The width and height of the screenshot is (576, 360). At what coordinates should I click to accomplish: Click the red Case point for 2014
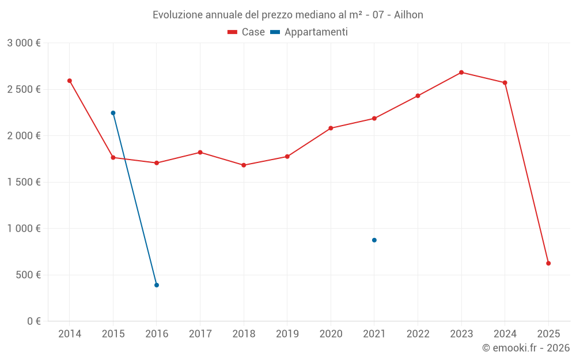[x=70, y=81]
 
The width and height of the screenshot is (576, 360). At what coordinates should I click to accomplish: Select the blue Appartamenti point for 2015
[x=113, y=113]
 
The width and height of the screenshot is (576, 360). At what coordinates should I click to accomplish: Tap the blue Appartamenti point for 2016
[x=157, y=285]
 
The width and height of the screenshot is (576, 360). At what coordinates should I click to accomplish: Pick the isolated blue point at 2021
[x=374, y=240]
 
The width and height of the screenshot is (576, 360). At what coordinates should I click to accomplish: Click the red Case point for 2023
[x=461, y=73]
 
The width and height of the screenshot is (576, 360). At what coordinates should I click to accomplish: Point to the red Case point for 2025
[x=548, y=263]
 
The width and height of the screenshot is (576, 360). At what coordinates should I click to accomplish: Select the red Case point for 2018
[x=244, y=165]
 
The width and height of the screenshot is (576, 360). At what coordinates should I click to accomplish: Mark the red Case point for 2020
[x=331, y=128]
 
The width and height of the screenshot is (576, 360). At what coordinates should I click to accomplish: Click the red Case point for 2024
[x=505, y=83]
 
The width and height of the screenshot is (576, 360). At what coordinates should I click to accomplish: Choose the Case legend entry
[x=247, y=32]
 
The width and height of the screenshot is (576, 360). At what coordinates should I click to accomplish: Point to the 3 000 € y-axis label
[x=24, y=43]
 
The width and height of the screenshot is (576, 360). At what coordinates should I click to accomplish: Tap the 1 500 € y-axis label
[x=24, y=182]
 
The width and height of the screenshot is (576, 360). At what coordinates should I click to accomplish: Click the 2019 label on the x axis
[x=287, y=334]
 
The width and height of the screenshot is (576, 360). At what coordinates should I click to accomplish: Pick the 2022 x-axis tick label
[x=418, y=334]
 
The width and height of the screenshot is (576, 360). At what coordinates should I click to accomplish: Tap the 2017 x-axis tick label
[x=200, y=334]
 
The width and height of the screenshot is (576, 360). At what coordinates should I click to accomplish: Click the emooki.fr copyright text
[x=526, y=348]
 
